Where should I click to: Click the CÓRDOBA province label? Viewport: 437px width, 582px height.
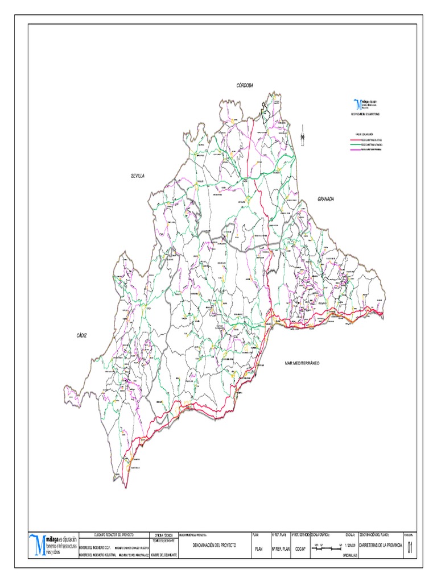coord(245,85)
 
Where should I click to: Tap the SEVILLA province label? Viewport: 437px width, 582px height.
coord(138,176)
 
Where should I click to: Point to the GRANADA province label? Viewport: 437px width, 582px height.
coord(325,199)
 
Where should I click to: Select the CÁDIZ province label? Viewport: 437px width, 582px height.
coord(82,336)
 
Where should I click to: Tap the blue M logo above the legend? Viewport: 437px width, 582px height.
coord(357,104)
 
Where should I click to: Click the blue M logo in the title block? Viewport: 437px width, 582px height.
coord(38,544)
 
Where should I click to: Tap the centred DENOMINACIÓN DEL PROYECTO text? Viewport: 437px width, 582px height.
coord(214,544)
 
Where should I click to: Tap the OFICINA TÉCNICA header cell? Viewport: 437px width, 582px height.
coord(163,535)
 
